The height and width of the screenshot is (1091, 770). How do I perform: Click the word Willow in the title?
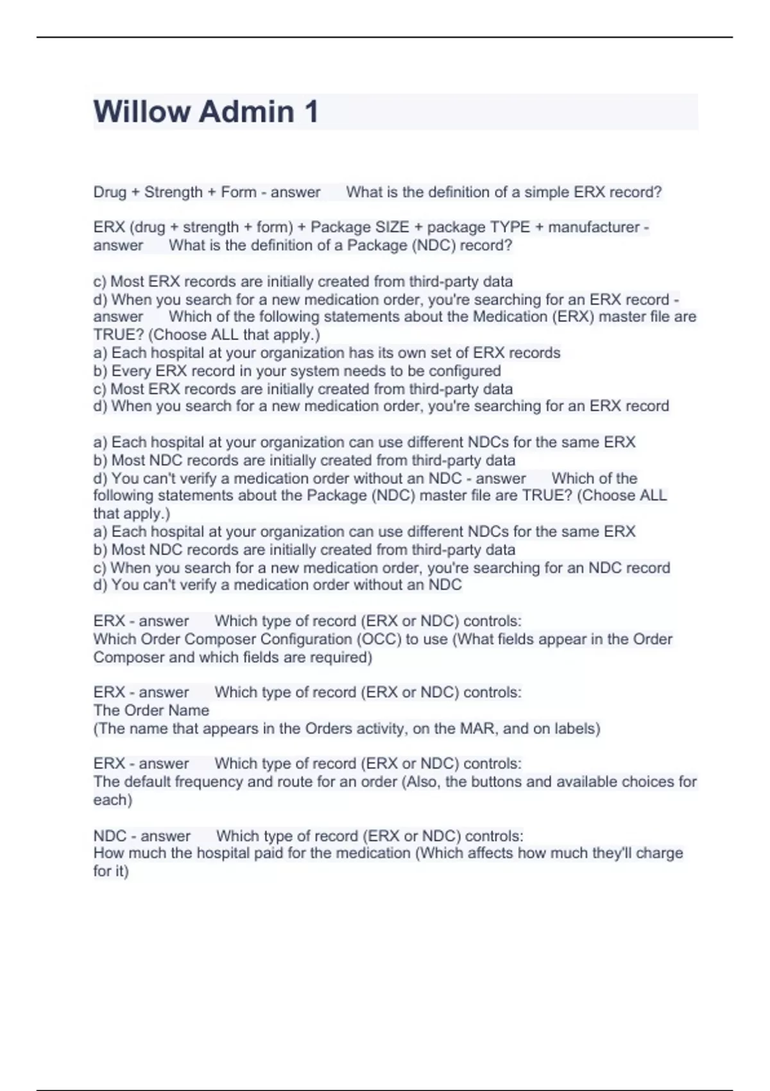coord(142,112)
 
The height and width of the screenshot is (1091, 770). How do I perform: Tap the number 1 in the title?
coord(311,112)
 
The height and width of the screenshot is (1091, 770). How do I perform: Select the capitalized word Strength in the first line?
coord(173,193)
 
